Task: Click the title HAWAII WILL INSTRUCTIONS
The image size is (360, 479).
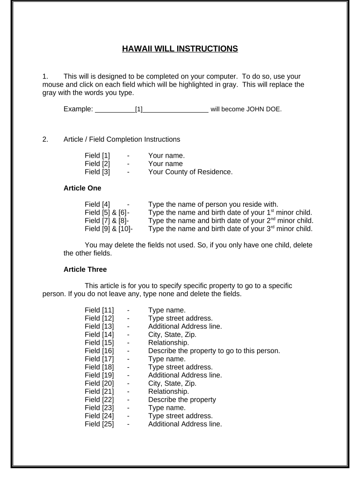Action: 180,49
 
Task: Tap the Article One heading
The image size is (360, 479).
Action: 82,188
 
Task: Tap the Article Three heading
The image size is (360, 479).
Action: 85,269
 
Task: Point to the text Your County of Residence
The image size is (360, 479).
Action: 190,172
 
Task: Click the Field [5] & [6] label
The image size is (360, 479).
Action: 106,212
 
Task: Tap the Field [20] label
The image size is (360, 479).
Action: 99,383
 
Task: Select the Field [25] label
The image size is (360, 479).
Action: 99,424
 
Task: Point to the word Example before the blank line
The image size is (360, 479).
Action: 77,110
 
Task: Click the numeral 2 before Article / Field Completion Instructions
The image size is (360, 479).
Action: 44,139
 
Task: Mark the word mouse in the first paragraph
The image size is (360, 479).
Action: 51,85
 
